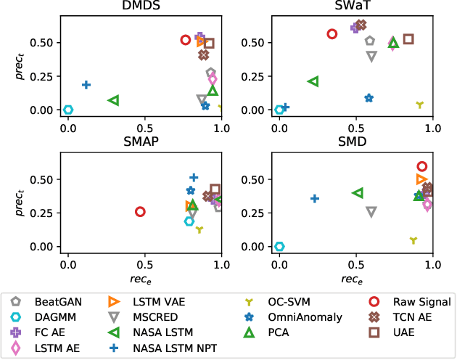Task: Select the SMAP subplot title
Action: click(x=144, y=143)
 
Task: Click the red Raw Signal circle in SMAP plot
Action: click(x=140, y=212)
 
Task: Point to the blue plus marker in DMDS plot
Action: click(x=86, y=85)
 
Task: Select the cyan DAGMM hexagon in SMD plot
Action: click(x=279, y=247)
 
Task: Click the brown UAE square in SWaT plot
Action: click(x=408, y=39)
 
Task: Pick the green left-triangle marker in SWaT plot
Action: click(x=313, y=81)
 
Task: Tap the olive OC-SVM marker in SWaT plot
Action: click(x=419, y=105)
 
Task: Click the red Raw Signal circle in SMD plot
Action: click(x=422, y=166)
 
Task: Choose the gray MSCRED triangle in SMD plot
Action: click(x=371, y=212)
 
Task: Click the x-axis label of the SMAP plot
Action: click(x=144, y=277)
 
